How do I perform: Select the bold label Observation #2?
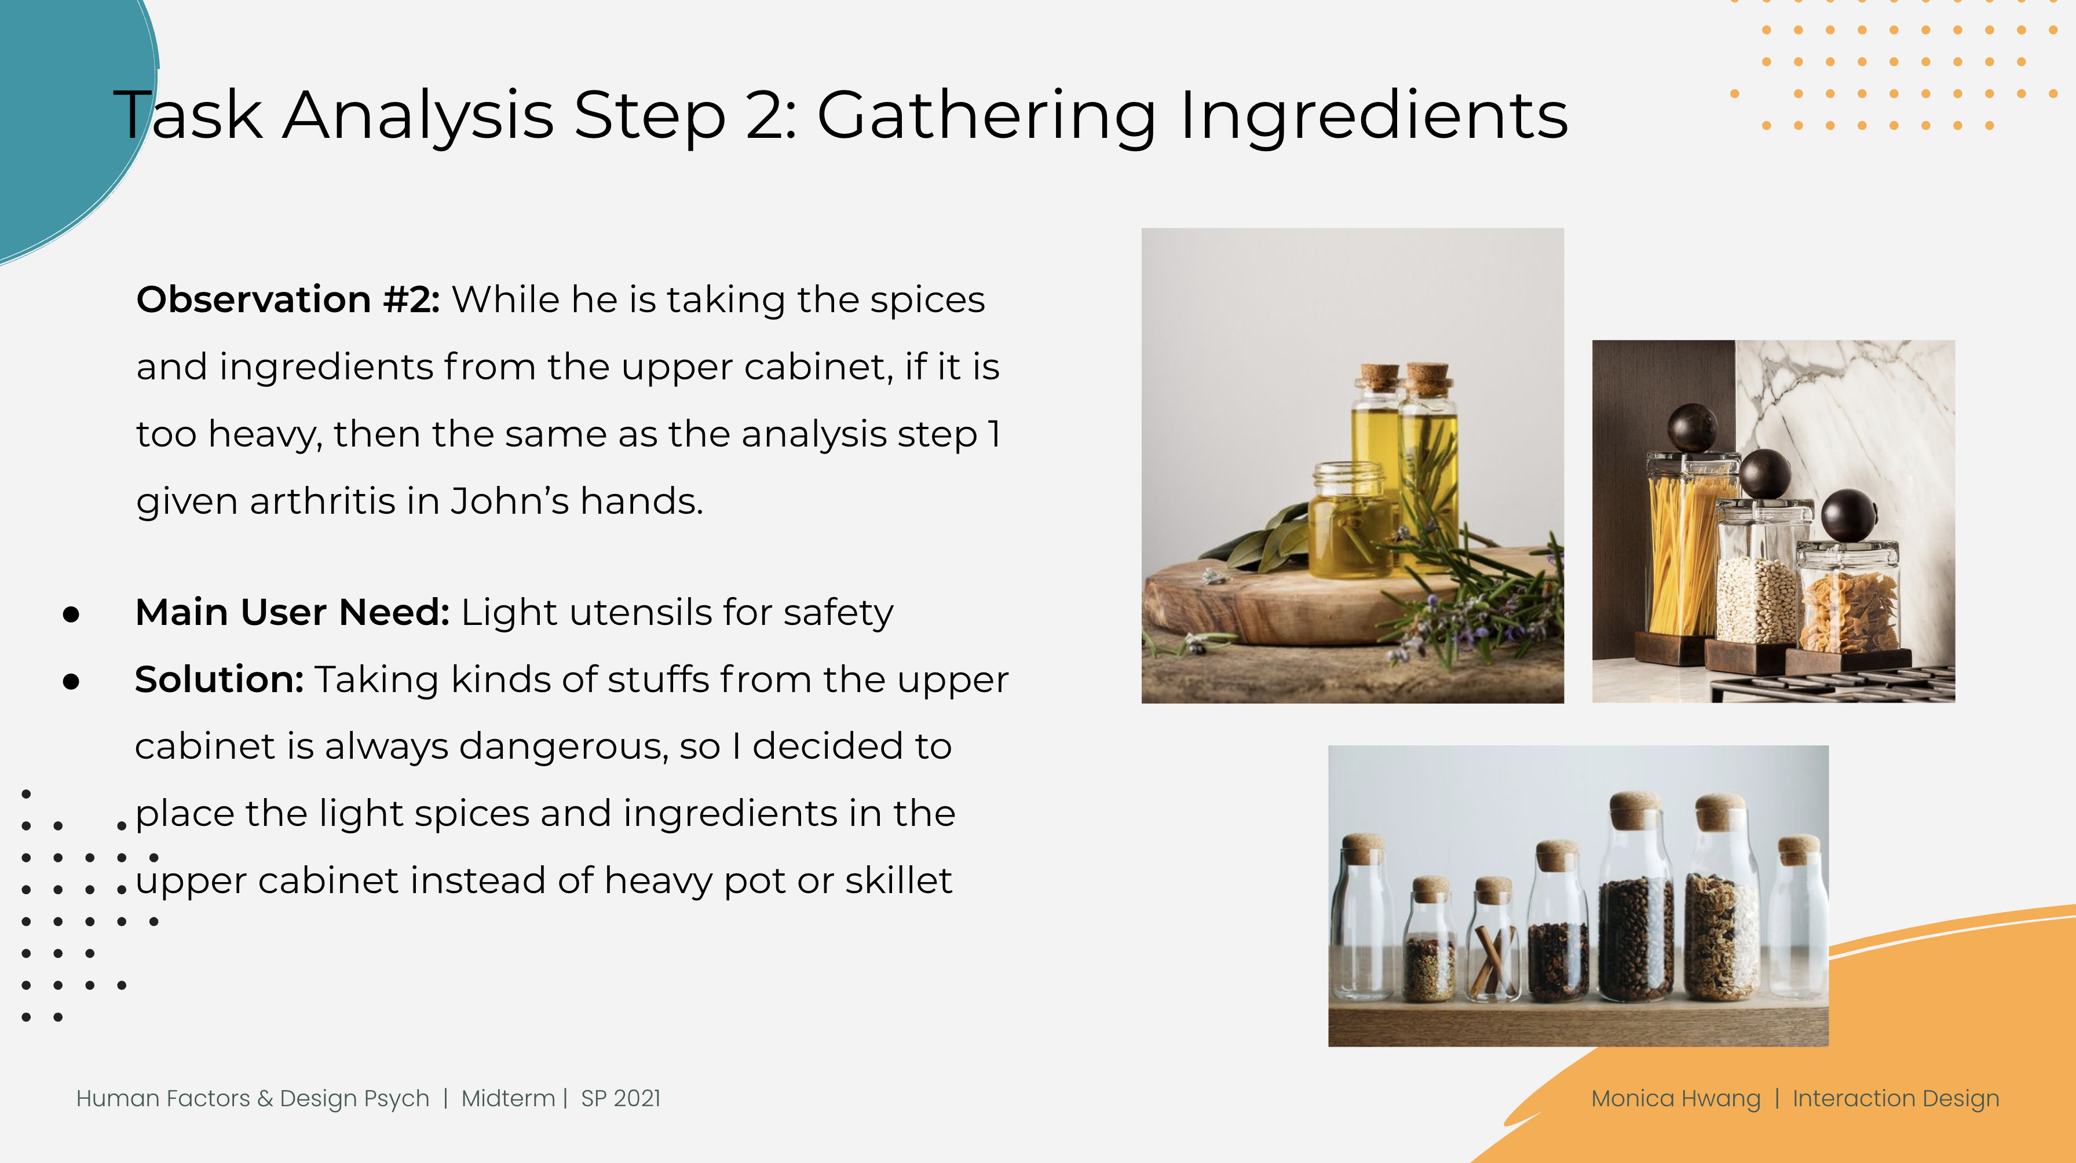[288, 300]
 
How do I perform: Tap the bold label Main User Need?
[292, 613]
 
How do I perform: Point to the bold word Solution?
[218, 679]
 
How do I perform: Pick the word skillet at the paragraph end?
[898, 880]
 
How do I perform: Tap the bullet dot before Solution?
[71, 682]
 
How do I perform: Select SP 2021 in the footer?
[620, 1099]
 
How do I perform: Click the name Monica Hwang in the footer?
[1676, 1099]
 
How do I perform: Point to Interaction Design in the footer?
[1895, 1099]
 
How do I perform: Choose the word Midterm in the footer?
[508, 1099]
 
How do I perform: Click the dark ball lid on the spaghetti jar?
[1691, 428]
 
